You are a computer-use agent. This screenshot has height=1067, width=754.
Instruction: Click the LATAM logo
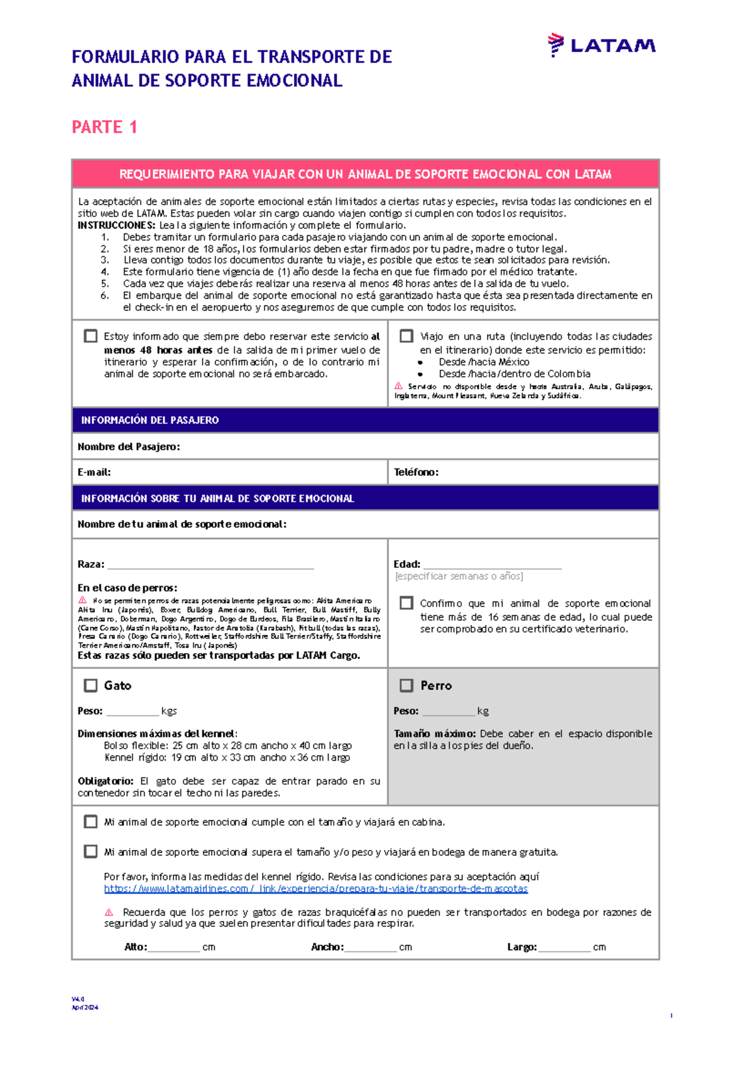coord(601,45)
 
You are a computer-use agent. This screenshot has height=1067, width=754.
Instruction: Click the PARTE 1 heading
coord(104,127)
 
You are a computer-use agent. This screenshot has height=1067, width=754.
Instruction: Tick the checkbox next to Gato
coord(91,685)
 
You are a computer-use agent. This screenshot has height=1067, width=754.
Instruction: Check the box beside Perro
coord(407,685)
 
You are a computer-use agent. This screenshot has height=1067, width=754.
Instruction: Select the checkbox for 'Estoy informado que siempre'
coord(90,336)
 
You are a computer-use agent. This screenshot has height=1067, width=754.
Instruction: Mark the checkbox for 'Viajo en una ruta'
coord(407,336)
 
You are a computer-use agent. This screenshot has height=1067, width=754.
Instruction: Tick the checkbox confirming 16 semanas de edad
coord(407,603)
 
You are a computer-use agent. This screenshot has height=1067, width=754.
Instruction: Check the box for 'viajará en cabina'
coord(91,822)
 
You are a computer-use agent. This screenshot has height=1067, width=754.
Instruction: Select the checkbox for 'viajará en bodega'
coord(91,851)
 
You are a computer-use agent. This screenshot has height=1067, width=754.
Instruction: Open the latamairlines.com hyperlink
coord(315,888)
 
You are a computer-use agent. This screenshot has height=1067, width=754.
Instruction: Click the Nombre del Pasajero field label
coord(129,446)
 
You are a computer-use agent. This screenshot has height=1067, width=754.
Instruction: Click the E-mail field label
coord(94,472)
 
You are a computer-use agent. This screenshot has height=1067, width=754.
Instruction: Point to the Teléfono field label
coord(416,472)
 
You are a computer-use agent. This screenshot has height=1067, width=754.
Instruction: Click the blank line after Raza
coord(210,565)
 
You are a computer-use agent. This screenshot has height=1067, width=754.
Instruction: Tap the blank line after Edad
coord(492,565)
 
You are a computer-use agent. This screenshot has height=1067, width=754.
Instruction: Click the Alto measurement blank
coord(173,948)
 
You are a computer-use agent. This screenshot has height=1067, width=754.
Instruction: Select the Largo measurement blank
coord(564,948)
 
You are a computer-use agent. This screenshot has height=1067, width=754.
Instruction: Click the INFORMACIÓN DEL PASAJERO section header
coord(150,420)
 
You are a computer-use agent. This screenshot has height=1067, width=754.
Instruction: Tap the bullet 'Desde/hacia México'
coord(484,362)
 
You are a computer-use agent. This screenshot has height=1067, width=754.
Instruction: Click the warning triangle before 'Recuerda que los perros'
coord(109,912)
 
